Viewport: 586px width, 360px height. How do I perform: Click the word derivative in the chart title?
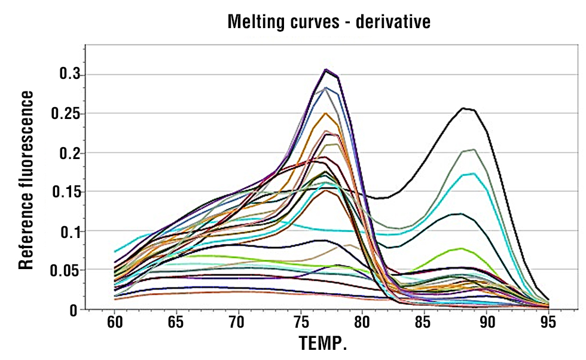coord(393,22)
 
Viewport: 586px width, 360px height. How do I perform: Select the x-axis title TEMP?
coord(323,344)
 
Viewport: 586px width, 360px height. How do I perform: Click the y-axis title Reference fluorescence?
coord(25,180)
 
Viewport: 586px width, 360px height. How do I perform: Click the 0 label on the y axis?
coord(74,310)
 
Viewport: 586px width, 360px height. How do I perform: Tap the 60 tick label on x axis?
coord(115,323)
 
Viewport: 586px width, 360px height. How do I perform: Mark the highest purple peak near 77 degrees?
coord(326,69)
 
